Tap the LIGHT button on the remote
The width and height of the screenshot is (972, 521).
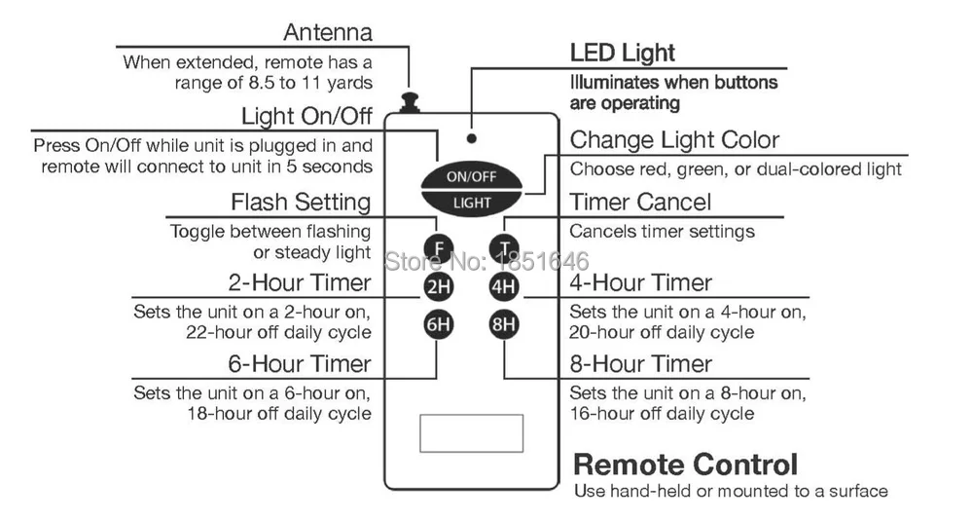(x=471, y=204)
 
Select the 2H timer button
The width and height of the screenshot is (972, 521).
(x=438, y=286)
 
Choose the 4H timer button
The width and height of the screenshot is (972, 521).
(x=503, y=286)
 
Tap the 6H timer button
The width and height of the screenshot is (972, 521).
(x=438, y=324)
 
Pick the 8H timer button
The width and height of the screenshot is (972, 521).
(x=503, y=324)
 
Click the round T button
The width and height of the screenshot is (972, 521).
(x=503, y=248)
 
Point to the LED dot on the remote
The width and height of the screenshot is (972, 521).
(x=472, y=139)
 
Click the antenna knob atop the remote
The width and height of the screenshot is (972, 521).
(x=409, y=102)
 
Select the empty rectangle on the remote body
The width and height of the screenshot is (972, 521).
(x=471, y=433)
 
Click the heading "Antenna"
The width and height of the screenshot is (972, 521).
(x=328, y=32)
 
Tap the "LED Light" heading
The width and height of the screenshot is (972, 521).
(x=623, y=53)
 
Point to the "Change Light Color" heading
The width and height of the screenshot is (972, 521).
(x=674, y=140)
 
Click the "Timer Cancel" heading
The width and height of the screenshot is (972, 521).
(x=640, y=203)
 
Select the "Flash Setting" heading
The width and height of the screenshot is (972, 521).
(x=301, y=203)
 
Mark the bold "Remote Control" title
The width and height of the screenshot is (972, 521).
(x=686, y=465)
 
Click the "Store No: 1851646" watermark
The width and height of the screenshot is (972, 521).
(x=487, y=261)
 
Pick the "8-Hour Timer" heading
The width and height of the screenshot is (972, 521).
(x=641, y=363)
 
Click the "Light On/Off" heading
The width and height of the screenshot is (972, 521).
(x=306, y=116)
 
